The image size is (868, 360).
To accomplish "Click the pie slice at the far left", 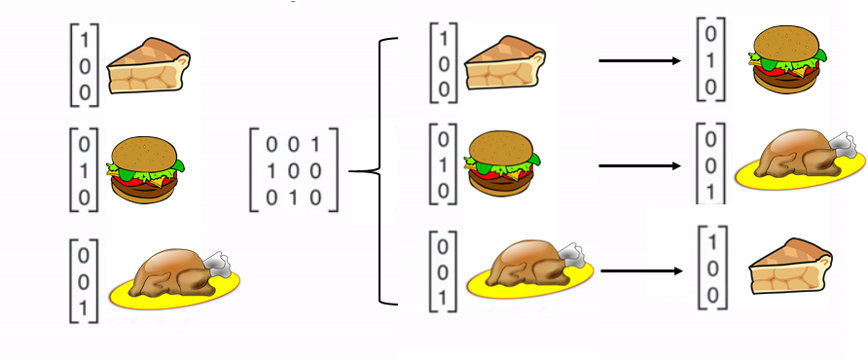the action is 148,66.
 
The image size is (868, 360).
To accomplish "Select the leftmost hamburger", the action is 146,169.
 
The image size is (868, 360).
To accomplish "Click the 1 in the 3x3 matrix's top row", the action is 315,145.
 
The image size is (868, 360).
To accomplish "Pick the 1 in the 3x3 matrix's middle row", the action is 271,171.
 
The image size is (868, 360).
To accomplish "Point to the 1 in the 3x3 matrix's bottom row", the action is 294,198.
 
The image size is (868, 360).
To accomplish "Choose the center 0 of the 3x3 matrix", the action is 294,171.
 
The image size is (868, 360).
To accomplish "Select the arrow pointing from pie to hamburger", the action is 640,60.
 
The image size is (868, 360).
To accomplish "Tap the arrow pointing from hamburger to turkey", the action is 640,165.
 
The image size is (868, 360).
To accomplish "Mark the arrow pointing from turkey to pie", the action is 641,270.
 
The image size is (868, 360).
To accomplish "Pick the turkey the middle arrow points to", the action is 801,161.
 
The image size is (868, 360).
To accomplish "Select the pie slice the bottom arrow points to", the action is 790,267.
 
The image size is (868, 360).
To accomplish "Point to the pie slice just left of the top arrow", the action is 505,62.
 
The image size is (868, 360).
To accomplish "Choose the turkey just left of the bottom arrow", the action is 529,270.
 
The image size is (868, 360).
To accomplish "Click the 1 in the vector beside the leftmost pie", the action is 85,41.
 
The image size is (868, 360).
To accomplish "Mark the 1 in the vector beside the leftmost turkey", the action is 84,308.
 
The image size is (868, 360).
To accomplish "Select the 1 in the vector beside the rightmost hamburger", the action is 710,60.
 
